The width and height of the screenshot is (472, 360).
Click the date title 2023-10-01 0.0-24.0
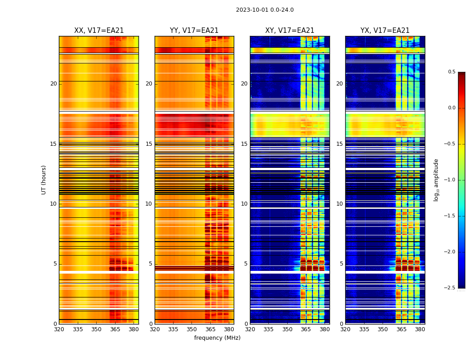pyautogui.click(x=265, y=10)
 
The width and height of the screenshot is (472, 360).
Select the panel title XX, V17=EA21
pyautogui.click(x=99, y=31)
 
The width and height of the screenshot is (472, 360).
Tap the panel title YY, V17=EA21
pyautogui.click(x=194, y=31)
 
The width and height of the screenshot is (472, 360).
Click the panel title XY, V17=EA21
pyautogui.click(x=289, y=31)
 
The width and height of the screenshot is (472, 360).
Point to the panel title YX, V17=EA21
pyautogui.click(x=385, y=31)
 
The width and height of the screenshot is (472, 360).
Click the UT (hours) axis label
pyautogui.click(x=44, y=180)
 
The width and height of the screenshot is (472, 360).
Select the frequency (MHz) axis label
pyautogui.click(x=217, y=338)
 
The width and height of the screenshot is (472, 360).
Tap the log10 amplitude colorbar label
pyautogui.click(x=436, y=180)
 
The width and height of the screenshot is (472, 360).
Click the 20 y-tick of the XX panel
pyautogui.click(x=53, y=84)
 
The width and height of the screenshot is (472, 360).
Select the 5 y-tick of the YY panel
pyautogui.click(x=151, y=264)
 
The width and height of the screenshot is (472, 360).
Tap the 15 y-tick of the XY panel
pyautogui.click(x=245, y=144)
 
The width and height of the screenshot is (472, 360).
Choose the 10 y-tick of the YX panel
pyautogui.click(x=340, y=204)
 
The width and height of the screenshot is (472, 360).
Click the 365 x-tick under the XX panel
pyautogui.click(x=115, y=329)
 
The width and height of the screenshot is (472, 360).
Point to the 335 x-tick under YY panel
pyautogui.click(x=174, y=329)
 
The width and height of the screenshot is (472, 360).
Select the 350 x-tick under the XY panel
pyautogui.click(x=287, y=329)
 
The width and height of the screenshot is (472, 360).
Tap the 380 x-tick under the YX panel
pyautogui.click(x=420, y=329)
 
